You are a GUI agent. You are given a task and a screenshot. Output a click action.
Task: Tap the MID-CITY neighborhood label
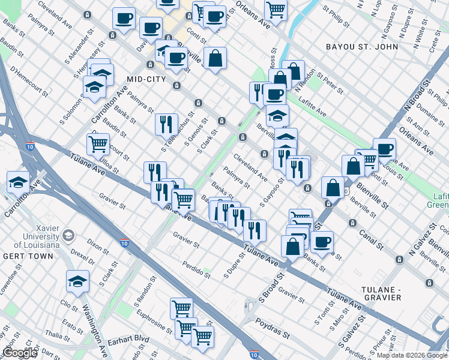point(146,79)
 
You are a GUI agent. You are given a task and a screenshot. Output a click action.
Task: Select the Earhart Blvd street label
point(129,339)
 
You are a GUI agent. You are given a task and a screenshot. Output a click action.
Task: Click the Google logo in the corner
point(19,353)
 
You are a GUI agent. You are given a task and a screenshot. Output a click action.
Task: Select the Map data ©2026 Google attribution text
point(412,355)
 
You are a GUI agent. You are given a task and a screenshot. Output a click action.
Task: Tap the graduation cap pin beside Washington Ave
point(78,281)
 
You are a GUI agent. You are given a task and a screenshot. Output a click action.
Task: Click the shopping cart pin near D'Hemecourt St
point(98,143)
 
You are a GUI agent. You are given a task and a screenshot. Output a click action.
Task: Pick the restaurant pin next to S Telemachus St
point(166,124)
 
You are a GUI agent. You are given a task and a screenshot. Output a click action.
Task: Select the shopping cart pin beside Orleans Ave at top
point(276,9)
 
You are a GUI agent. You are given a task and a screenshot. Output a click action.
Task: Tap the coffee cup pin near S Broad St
point(322,242)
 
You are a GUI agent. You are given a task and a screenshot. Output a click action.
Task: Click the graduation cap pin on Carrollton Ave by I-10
point(19,182)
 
